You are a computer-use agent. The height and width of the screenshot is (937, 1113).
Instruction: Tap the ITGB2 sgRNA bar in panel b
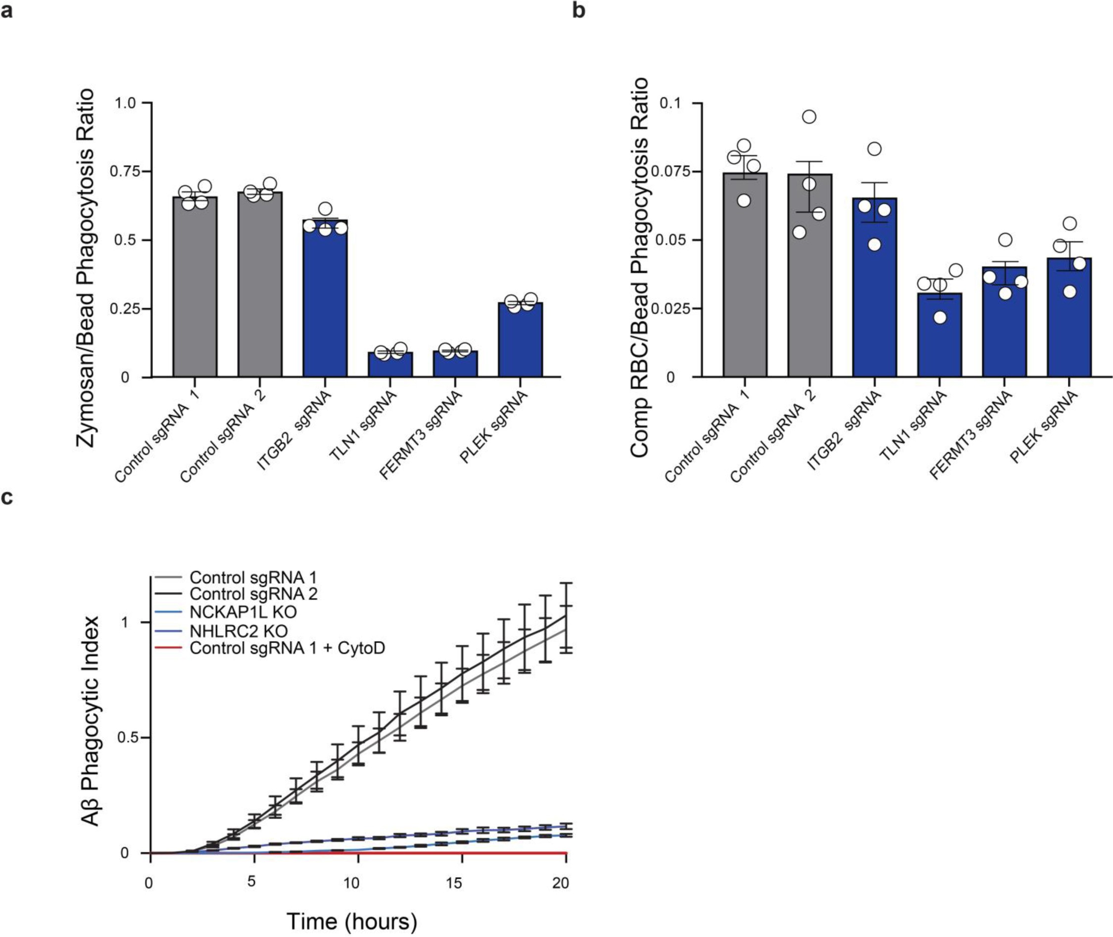[x=874, y=287]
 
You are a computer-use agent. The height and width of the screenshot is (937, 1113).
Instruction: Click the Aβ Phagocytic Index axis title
[x=92, y=721]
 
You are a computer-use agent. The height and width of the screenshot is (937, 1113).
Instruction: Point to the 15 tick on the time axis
[x=454, y=883]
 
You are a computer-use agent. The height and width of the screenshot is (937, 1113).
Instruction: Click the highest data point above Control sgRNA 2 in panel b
[x=809, y=117]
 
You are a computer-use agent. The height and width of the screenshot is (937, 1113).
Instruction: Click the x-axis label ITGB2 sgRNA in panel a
[x=293, y=430]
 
